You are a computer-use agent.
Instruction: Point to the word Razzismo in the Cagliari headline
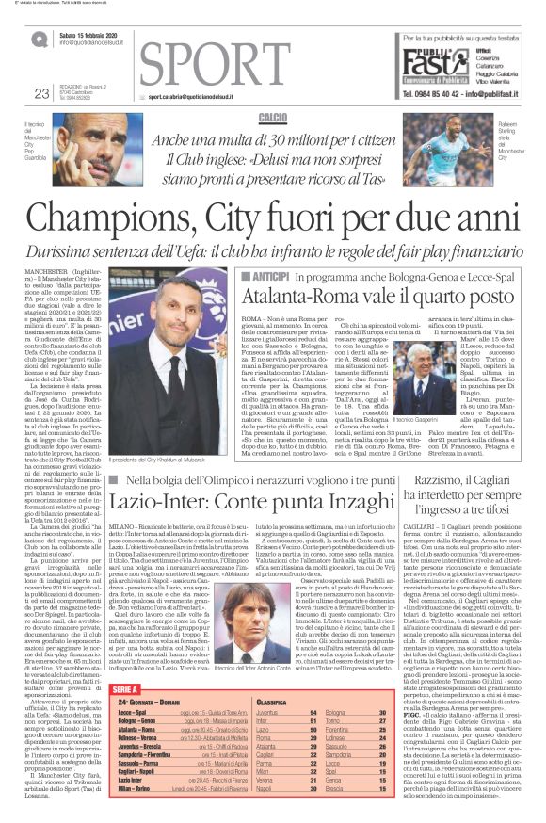pyautogui.click(x=437, y=480)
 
